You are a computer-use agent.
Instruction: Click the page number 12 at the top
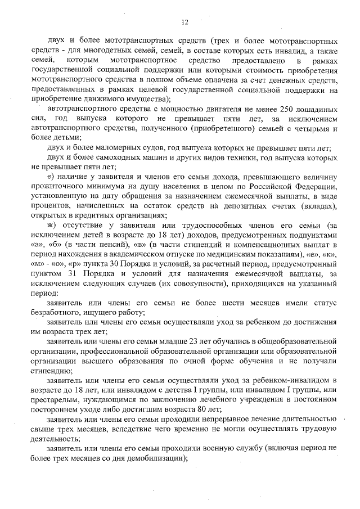point(184,22)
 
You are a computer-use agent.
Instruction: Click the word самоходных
point(121,157)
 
